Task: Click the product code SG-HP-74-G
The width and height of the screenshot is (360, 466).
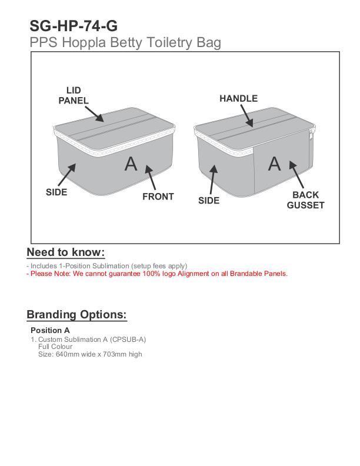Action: [x=74, y=26]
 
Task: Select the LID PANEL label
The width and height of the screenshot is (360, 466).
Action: [x=74, y=95]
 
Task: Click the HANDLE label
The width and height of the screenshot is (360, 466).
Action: [x=238, y=99]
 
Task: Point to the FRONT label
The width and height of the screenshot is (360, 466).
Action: [x=158, y=197]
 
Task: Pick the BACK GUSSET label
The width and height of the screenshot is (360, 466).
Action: [x=305, y=200]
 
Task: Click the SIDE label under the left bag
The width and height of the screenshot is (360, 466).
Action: [x=56, y=192]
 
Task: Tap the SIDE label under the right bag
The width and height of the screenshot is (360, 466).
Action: [x=209, y=201]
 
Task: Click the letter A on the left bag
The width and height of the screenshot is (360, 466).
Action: [x=131, y=164]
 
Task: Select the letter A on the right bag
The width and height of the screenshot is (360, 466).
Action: [x=275, y=164]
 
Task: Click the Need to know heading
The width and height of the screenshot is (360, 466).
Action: [x=66, y=252]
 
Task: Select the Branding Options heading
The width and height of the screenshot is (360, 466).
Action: [x=76, y=314]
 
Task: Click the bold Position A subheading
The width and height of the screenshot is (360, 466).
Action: [x=50, y=330]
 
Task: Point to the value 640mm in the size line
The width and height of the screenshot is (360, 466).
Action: [x=65, y=354]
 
